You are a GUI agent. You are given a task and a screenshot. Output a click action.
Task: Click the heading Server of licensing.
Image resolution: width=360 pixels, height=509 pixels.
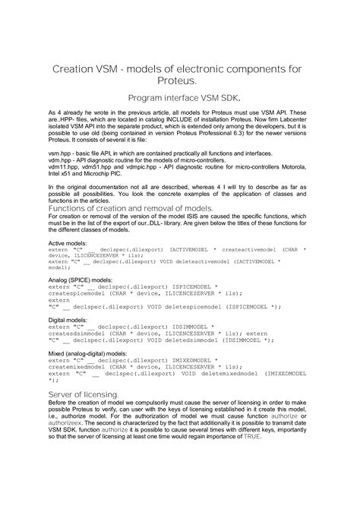(84, 396)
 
